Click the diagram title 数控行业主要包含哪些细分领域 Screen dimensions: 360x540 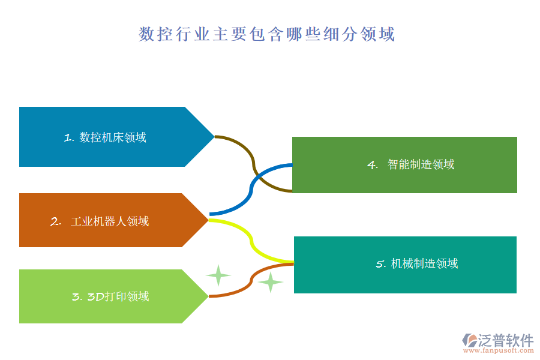tap(267, 34)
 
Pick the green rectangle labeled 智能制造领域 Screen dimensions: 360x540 tap(404, 165)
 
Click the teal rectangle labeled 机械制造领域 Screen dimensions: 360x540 tap(405, 265)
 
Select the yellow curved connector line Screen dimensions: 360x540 tap(251, 241)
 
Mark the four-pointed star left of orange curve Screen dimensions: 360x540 tap(218, 275)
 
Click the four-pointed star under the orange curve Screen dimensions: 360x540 tap(271, 281)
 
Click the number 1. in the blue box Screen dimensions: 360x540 tap(68, 138)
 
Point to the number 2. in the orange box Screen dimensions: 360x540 tap(56, 221)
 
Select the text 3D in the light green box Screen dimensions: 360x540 tap(97, 296)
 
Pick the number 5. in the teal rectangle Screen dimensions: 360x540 tap(380, 265)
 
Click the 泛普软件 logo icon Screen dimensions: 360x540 tap(469, 340)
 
